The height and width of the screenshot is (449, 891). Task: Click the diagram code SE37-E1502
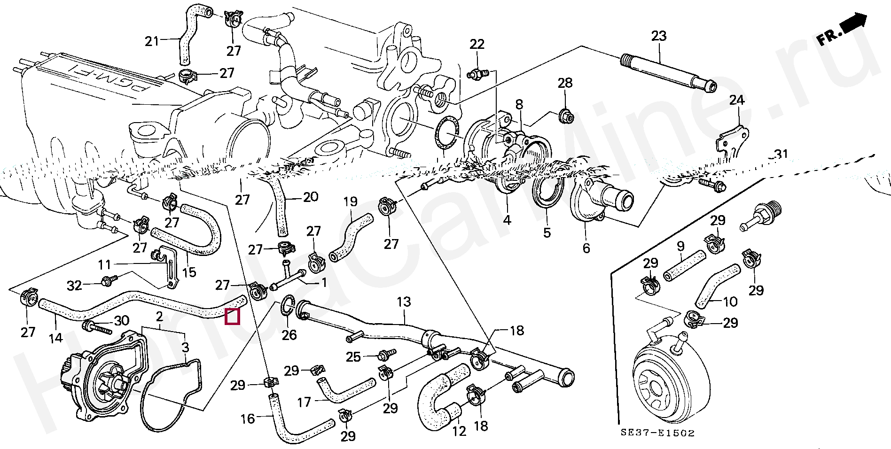[x=657, y=433]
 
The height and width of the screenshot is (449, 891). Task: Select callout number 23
[x=659, y=36]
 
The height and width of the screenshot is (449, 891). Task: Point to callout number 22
[x=477, y=44]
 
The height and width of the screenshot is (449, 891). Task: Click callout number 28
[x=565, y=83]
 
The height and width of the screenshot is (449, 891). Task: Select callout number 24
[x=737, y=100]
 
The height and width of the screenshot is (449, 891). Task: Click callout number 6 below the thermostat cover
[x=586, y=248]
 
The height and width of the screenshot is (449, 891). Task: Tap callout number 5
[x=547, y=232]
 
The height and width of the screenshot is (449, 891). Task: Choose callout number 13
[x=404, y=302]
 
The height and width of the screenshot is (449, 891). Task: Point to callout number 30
[x=122, y=321]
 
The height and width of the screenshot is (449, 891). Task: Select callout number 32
[x=74, y=285]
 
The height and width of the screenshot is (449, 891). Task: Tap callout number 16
[x=247, y=418]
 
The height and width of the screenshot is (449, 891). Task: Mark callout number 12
[x=459, y=431]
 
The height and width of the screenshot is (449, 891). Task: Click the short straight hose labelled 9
[x=684, y=265]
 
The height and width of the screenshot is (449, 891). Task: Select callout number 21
[x=152, y=41]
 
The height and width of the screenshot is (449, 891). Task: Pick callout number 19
[x=350, y=202]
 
